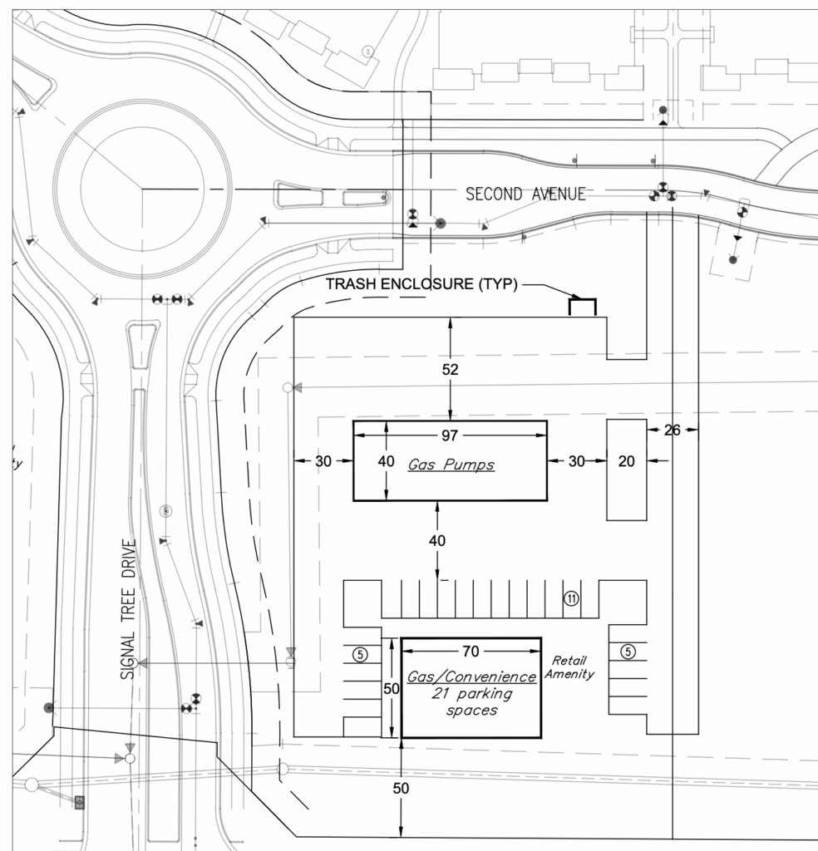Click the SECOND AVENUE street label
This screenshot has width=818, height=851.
(525, 194)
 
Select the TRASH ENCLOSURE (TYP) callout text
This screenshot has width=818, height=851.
(421, 284)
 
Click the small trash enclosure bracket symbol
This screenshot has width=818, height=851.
(582, 306)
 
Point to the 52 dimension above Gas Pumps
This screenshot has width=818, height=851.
(450, 369)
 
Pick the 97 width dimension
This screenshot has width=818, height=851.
(451, 434)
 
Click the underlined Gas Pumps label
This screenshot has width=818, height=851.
(451, 465)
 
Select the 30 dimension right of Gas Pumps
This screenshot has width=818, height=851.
(576, 461)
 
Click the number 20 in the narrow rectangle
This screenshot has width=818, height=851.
(627, 461)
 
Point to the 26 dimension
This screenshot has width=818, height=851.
(672, 430)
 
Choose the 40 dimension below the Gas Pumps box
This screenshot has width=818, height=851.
(437, 541)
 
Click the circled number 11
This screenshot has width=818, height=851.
(571, 598)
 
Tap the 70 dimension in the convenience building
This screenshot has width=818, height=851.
(471, 650)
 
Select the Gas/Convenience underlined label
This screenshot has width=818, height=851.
(471, 677)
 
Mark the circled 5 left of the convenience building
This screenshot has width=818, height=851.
(360, 654)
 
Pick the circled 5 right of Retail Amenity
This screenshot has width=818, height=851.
(628, 652)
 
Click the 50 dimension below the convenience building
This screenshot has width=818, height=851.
(402, 788)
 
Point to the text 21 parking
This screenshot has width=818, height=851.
(471, 694)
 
